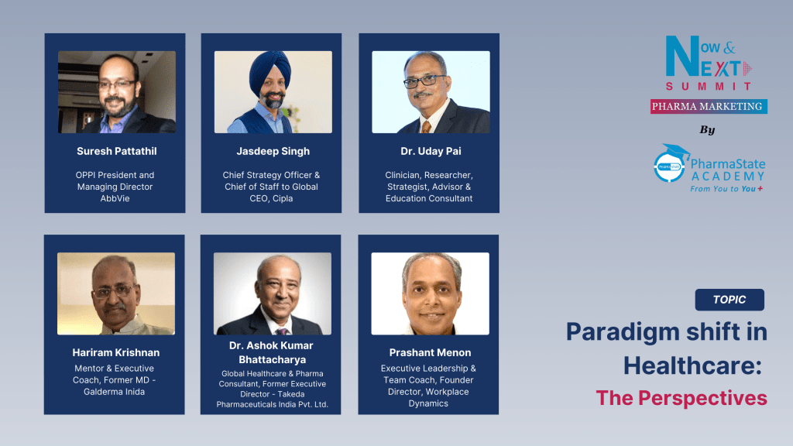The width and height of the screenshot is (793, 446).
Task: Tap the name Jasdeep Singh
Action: (x=273, y=151)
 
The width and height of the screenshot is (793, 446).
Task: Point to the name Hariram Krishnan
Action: (x=116, y=352)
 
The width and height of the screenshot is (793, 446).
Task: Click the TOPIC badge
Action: (x=729, y=300)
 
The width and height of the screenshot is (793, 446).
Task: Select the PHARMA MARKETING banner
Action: (x=709, y=106)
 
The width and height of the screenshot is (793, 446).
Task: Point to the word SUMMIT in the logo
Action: (x=709, y=86)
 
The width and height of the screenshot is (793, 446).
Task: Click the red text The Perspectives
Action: (x=681, y=398)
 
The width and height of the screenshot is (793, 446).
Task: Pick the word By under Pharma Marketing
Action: (x=707, y=129)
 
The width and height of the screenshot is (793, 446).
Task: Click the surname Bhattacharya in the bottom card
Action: (x=272, y=360)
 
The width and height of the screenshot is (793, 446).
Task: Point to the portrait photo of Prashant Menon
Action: (x=430, y=293)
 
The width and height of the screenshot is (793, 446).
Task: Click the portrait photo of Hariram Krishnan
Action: (x=116, y=293)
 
